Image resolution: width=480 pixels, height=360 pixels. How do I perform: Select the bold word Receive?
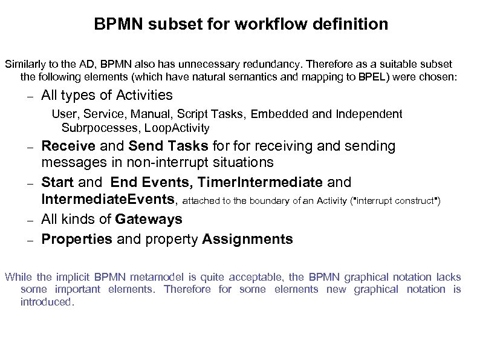(68, 146)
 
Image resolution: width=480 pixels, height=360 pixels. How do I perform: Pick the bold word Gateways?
(149, 218)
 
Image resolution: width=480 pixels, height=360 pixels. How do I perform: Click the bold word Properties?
(77, 239)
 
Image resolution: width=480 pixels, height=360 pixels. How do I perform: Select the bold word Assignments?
(247, 239)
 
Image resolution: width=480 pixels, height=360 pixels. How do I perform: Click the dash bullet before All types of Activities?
(28, 96)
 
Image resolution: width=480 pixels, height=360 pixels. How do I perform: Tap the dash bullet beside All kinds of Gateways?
(28, 219)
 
